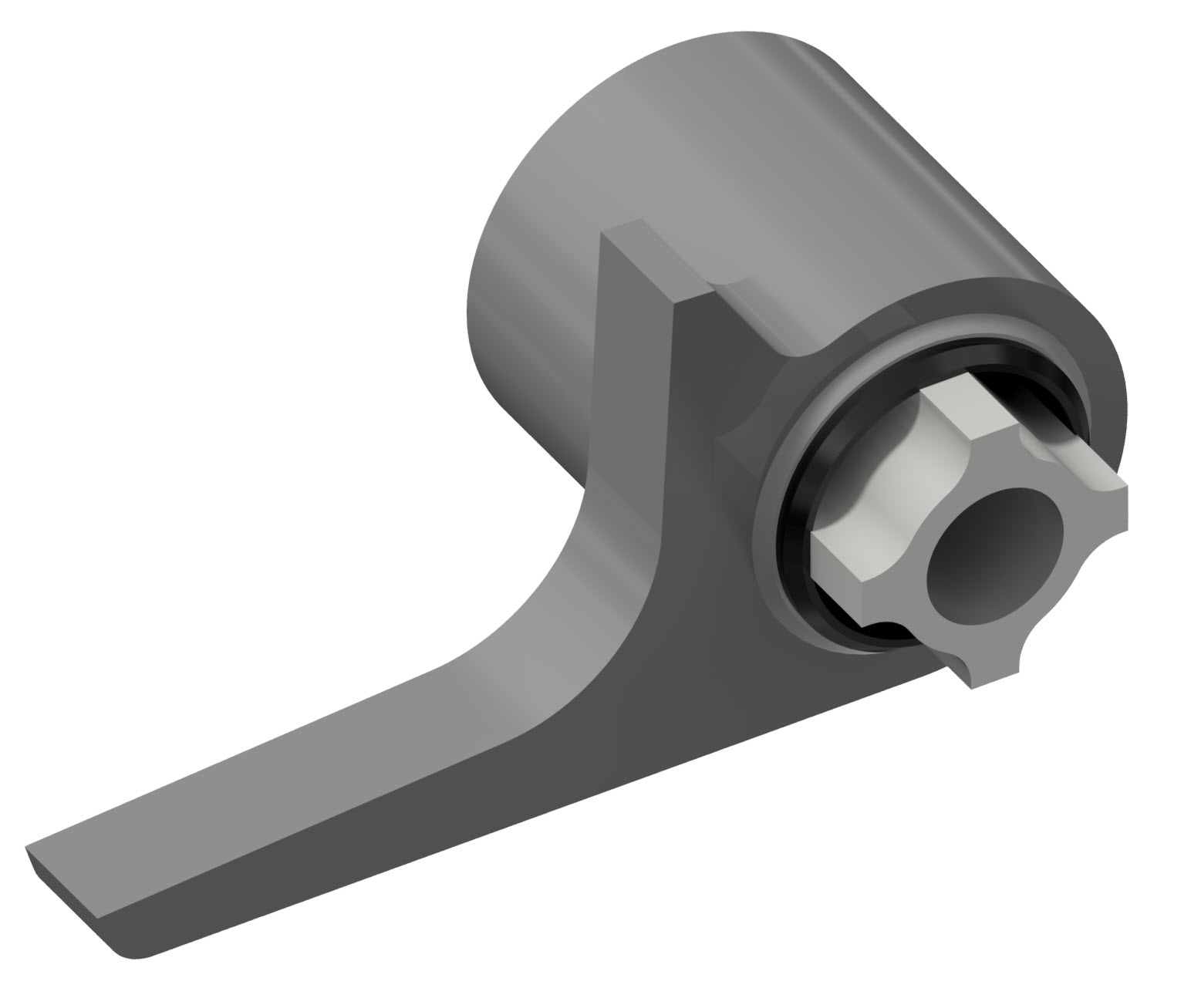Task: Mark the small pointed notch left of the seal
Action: (x=729, y=451)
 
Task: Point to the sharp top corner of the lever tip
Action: (x=27, y=847)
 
